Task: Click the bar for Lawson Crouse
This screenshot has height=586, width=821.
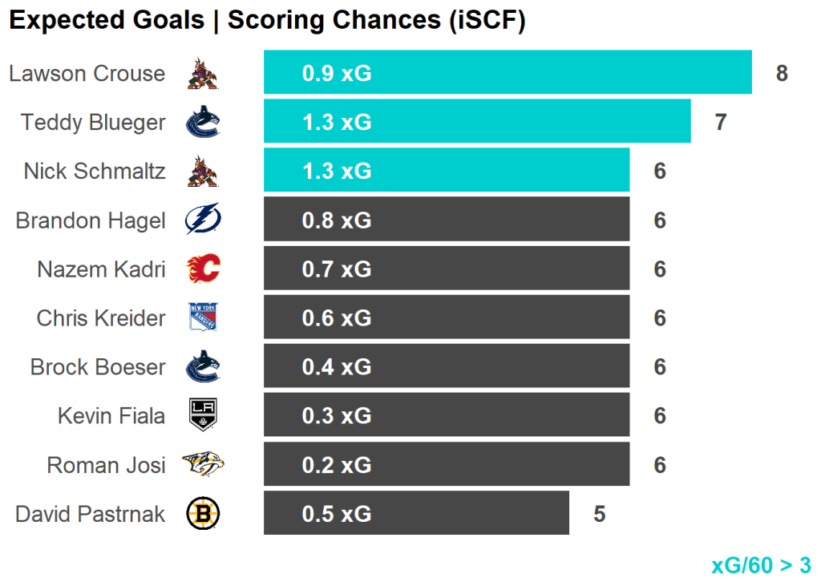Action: (508, 73)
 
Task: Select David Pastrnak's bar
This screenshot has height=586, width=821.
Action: (416, 513)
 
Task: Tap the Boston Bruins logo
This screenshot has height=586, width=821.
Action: (202, 514)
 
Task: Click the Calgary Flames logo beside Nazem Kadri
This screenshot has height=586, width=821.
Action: (202, 269)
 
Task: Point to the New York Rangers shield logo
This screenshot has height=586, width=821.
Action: (202, 317)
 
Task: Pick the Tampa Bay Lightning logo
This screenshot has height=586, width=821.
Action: (202, 220)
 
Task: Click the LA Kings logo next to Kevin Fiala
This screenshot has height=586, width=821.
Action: (202, 415)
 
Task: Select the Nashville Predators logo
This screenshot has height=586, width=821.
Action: (202, 464)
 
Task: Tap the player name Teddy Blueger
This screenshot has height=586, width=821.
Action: (93, 123)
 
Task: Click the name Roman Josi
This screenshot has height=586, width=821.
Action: (106, 465)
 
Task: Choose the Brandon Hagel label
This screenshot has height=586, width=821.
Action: (90, 220)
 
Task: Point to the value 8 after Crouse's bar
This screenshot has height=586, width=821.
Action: (782, 74)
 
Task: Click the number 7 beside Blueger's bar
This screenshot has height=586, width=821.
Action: (721, 123)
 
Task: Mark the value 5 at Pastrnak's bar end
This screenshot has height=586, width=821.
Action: (599, 514)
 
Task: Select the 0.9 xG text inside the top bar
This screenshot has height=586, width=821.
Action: (337, 74)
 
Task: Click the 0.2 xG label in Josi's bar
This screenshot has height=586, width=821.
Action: (337, 465)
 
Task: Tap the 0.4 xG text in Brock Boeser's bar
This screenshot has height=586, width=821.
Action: (337, 367)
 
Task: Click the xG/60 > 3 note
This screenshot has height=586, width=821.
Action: (761, 565)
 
